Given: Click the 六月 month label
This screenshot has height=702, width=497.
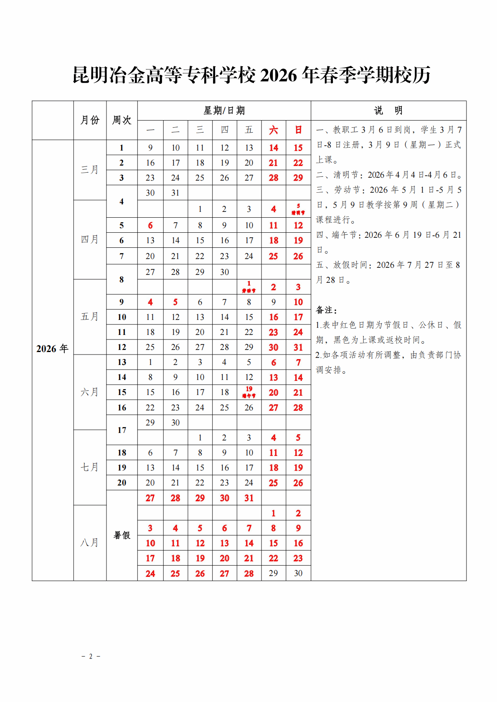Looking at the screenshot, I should tap(89, 392).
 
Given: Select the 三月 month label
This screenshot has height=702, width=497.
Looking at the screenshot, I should tap(89, 170).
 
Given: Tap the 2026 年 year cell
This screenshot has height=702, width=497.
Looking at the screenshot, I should tap(52, 349).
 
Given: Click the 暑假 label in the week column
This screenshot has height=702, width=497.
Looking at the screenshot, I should tap(122, 535).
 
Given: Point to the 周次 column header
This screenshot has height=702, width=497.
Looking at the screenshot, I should tap(122, 120).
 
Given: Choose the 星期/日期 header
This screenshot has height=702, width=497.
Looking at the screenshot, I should tap(224, 111).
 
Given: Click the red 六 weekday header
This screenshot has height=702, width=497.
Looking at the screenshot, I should tap(274, 130).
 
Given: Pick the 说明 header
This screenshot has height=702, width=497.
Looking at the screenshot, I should tap(388, 111).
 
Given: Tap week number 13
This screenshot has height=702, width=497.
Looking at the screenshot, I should tap(122, 362).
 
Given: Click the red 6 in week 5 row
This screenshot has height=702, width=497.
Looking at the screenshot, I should tap(150, 225).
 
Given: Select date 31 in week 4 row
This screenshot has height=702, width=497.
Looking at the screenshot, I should tap(175, 193).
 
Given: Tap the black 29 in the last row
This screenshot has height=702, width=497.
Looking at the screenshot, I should tap(274, 573).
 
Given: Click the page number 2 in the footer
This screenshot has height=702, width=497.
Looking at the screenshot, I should tap(91, 656).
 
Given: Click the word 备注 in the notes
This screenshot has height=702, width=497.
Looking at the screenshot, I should tap(325, 310).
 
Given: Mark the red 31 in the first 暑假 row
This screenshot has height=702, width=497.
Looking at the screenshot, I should tap(249, 498).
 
